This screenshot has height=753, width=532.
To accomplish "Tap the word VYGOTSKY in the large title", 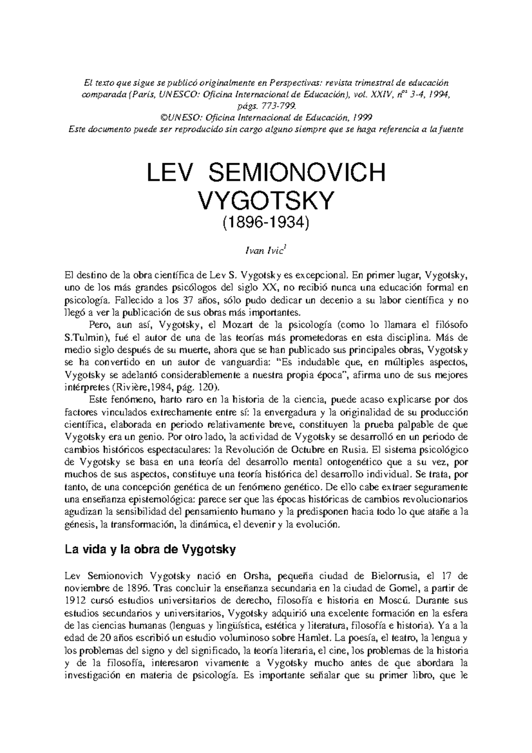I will coord(266,201).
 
